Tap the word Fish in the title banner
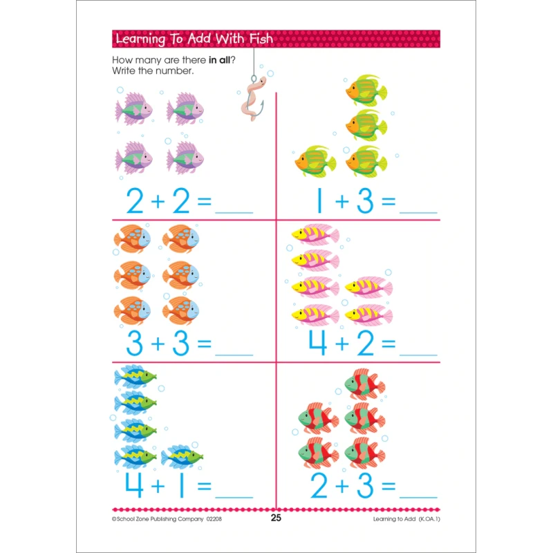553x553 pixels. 261,39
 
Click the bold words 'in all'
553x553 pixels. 219,60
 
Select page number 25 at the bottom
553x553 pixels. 276,518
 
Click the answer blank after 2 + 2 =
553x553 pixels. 234,213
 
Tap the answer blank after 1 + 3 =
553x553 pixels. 418,213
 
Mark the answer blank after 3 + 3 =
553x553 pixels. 234,355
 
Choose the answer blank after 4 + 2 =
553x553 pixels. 418,355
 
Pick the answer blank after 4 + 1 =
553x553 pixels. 234,497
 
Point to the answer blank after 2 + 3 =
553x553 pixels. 418,497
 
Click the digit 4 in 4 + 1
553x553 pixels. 134,485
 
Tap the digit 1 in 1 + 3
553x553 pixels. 319,200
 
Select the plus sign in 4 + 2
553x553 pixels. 341,344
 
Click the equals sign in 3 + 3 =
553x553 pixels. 204,344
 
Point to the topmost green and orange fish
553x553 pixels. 366,91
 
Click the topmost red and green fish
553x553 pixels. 365,384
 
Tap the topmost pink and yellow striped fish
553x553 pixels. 315,234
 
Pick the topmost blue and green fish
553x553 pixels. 135,376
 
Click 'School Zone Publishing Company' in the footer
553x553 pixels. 160,519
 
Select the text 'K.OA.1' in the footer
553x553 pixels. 429,519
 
